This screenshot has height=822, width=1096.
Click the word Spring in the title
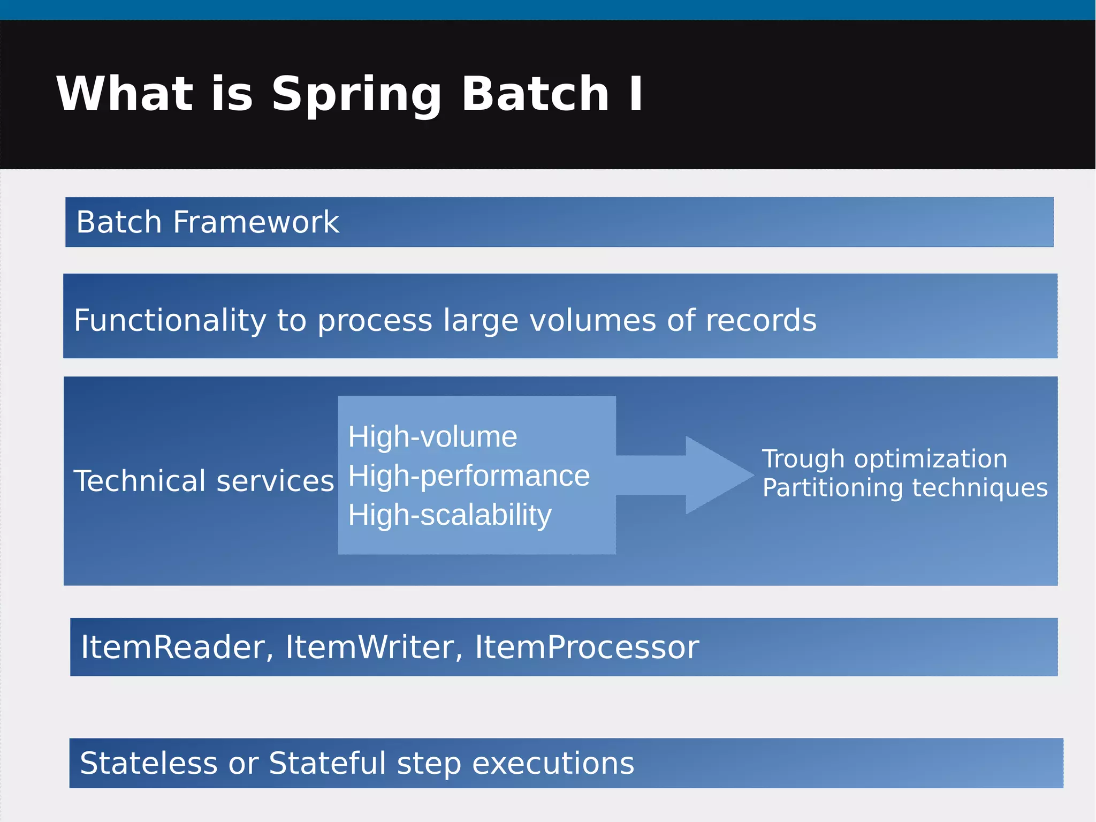tap(356, 95)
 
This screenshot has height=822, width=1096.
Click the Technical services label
tap(204, 480)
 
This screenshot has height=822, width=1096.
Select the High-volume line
tap(432, 436)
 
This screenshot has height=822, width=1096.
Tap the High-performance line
tap(469, 476)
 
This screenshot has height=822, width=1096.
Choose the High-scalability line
tap(450, 515)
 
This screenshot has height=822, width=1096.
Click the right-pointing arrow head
tap(717, 474)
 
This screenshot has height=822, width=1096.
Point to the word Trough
tap(803, 459)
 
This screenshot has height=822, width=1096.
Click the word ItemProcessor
tap(587, 647)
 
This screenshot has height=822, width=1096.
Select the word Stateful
tap(327, 763)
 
